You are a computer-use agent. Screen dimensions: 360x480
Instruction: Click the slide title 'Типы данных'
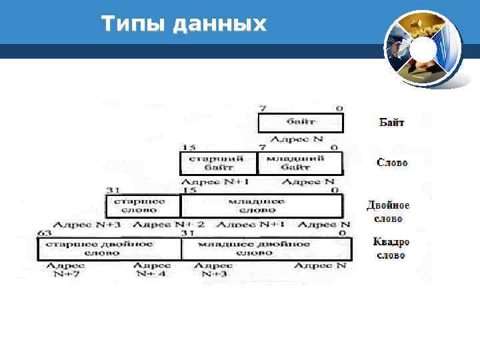[x=184, y=25]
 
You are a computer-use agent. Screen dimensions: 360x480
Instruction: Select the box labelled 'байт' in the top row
[x=301, y=123]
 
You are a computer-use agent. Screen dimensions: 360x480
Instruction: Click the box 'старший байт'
[x=219, y=163]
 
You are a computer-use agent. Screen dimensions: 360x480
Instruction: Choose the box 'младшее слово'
[x=262, y=205]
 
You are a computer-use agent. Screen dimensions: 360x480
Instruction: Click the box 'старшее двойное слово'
[x=109, y=249]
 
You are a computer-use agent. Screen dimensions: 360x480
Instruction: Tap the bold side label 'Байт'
[x=391, y=122]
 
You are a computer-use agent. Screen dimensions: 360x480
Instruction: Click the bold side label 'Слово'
[x=392, y=163]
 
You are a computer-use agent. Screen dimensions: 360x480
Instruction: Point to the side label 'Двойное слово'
[x=388, y=211]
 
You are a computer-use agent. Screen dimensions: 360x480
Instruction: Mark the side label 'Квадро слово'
[x=391, y=248]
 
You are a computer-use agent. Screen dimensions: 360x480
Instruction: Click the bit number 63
[x=44, y=233]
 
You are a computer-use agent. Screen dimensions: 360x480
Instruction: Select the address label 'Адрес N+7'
[x=64, y=269]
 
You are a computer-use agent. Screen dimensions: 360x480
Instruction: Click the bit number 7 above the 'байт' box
[x=263, y=108]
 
